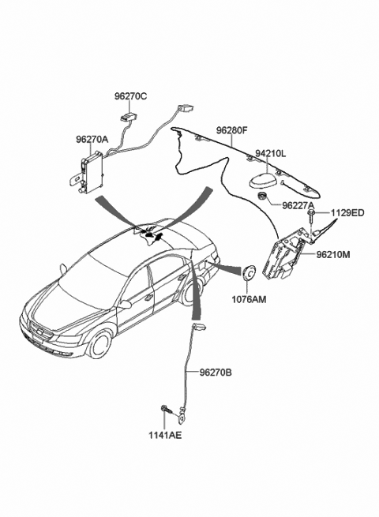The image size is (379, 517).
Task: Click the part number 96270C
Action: coord(130,96)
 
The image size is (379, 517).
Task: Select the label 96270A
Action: coord(92,140)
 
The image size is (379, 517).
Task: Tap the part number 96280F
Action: coord(231,130)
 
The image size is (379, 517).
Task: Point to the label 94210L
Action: coord(271,153)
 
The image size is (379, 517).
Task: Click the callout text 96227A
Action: coord(298,205)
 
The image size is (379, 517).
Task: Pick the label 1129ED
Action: coord(347,213)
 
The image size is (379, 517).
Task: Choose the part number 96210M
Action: coord(333,254)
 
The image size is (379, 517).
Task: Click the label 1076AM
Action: coord(249,299)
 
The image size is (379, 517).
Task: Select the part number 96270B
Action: coord(216,373)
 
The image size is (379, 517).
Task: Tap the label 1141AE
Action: coord(165,435)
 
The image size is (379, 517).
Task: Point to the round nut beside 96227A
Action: coord(262,195)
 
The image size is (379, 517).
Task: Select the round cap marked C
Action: coord(249,273)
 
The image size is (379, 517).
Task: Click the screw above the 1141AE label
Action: coord(167,410)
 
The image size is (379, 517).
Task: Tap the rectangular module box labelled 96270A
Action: coord(92,171)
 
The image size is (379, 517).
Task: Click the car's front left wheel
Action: coord(99,344)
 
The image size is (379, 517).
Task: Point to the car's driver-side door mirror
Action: coord(125,304)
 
